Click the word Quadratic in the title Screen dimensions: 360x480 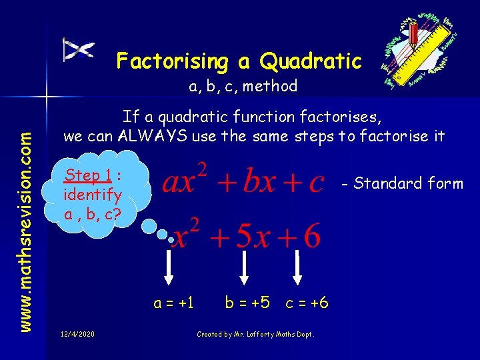click(x=311, y=61)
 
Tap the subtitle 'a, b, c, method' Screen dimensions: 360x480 click(x=243, y=86)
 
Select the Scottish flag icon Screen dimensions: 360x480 click(x=78, y=50)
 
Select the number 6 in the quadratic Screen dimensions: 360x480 click(x=311, y=237)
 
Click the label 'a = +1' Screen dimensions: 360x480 click(x=173, y=303)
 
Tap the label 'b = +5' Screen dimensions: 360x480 click(x=247, y=303)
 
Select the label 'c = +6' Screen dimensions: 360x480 click(x=307, y=303)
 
